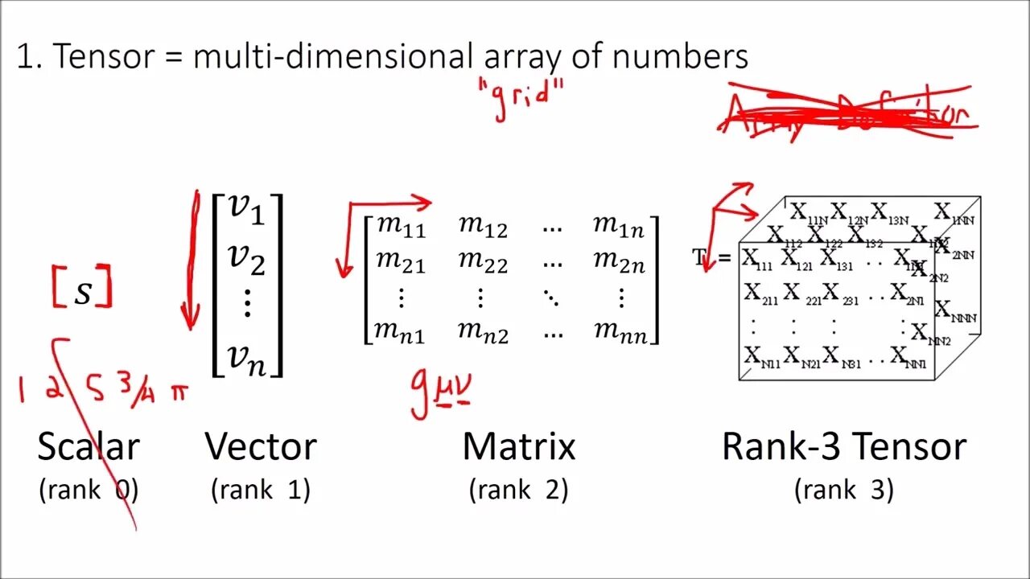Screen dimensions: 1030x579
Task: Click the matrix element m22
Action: coord(483,262)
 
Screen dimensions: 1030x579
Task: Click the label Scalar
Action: coord(89,446)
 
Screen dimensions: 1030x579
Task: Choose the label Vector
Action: coord(261,446)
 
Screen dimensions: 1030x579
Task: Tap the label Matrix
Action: coord(519,446)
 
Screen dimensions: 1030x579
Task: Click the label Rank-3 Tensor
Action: coord(843,446)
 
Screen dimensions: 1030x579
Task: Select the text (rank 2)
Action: coord(519,489)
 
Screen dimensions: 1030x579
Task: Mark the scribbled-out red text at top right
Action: coord(845,113)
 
